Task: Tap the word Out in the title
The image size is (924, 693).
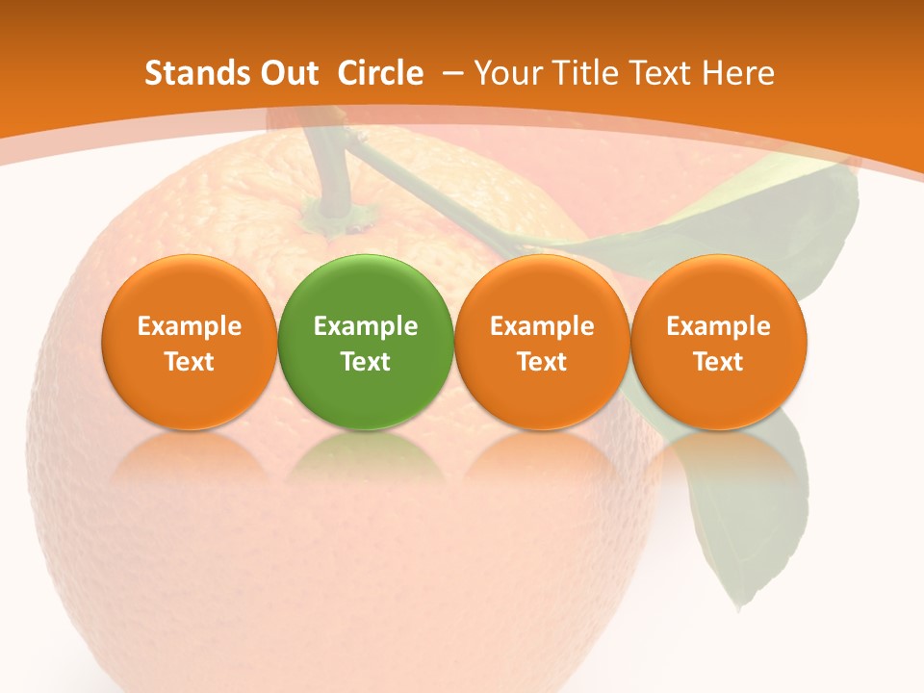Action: pos(288,73)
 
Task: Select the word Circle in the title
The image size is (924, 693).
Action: pos(380,73)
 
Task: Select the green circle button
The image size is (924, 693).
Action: pos(366,343)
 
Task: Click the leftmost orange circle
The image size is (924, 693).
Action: pos(190,343)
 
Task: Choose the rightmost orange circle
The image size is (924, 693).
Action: pos(719,343)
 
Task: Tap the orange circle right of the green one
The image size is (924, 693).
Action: pos(542,343)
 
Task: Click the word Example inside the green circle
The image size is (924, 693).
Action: pos(366,326)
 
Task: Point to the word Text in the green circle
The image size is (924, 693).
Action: pos(366,362)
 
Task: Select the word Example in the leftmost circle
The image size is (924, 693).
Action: pos(190,326)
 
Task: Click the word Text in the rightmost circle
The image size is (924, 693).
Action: pos(719,362)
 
